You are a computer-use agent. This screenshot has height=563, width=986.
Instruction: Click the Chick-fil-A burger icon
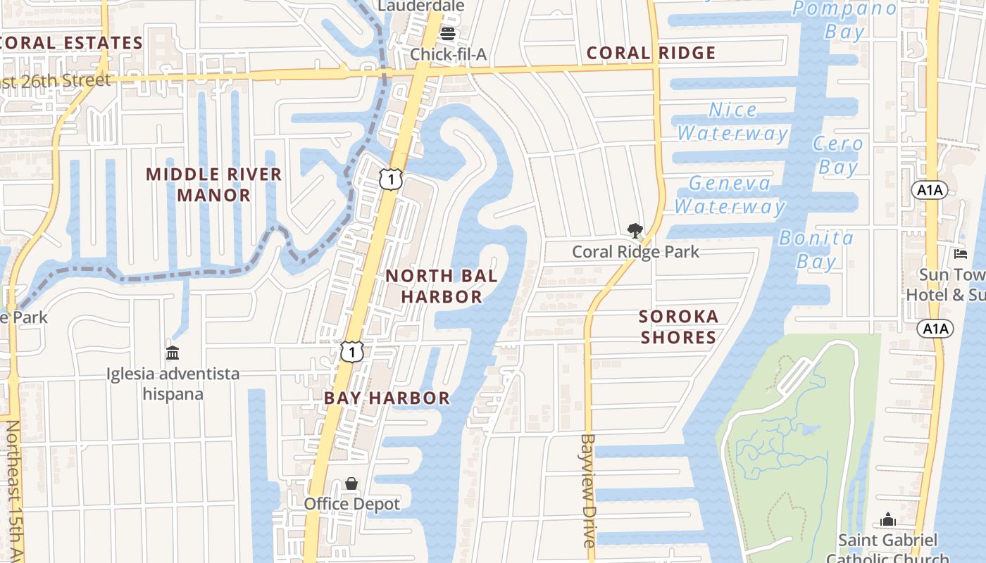(x=448, y=34)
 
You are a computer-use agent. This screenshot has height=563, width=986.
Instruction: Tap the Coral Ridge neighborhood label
(x=651, y=53)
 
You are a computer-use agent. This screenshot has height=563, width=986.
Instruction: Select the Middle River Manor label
(x=214, y=184)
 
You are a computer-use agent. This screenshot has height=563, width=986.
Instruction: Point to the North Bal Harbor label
(x=442, y=286)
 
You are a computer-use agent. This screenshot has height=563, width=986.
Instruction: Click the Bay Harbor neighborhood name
(x=387, y=398)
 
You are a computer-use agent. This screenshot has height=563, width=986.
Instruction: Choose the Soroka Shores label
(x=679, y=327)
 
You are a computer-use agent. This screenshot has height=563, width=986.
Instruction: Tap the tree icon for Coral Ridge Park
(x=635, y=230)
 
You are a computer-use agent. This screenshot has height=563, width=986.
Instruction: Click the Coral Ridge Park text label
(x=635, y=251)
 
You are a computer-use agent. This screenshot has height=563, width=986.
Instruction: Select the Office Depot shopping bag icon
(x=351, y=483)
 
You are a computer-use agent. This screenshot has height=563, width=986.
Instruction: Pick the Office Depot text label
(x=351, y=504)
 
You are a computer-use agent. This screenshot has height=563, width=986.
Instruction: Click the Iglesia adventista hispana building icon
(x=173, y=353)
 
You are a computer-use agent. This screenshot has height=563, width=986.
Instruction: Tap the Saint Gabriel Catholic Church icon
(x=888, y=520)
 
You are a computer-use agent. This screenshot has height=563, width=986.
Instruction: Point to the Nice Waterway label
(x=732, y=121)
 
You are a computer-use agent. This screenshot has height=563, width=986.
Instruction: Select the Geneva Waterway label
(x=730, y=194)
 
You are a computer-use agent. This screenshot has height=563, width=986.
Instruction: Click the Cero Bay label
(x=838, y=155)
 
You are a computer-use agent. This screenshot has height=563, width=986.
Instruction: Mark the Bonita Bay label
(x=817, y=249)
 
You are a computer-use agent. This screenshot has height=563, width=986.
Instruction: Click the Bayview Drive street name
(x=589, y=490)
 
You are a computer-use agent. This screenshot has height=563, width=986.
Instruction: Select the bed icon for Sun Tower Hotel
(x=961, y=254)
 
